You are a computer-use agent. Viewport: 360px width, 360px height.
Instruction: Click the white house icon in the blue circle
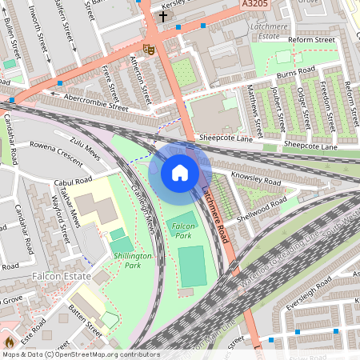pos(180,173)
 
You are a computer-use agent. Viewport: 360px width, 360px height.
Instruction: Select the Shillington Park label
pos(132,259)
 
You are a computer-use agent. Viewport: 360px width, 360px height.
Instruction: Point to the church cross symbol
pos(163,15)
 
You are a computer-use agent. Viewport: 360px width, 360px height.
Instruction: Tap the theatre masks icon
pos(147,48)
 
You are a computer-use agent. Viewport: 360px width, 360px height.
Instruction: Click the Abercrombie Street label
pos(97,105)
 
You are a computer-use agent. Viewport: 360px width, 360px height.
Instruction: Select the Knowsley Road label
pos(255,178)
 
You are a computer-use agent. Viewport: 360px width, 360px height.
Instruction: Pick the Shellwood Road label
pos(260,202)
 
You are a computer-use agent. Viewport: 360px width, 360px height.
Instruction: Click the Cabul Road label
pos(75,181)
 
